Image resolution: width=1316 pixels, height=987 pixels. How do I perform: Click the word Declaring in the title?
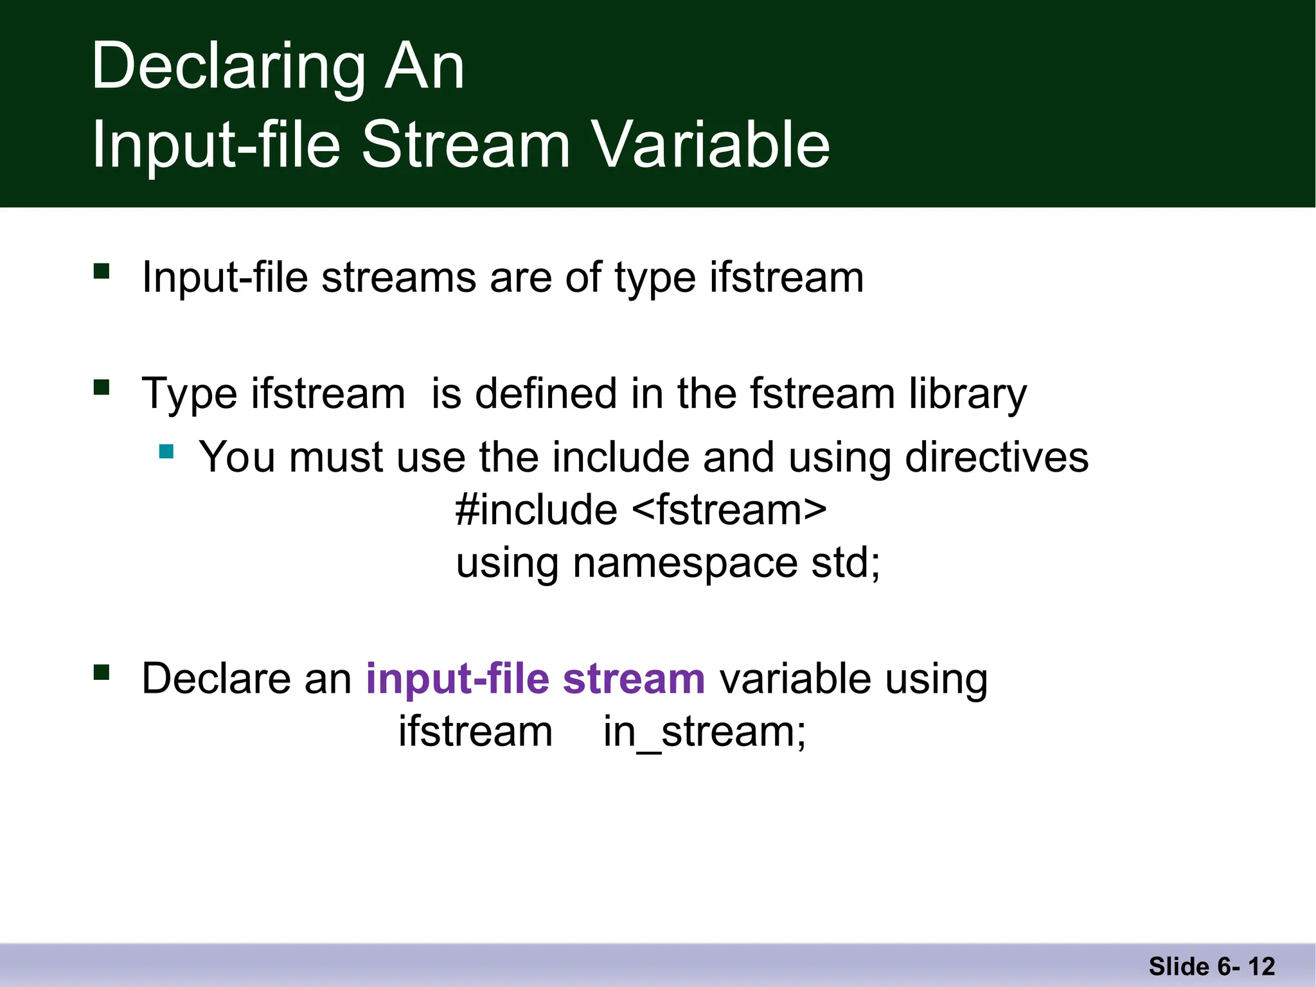point(229,67)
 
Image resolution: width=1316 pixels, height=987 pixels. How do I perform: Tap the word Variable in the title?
point(711,145)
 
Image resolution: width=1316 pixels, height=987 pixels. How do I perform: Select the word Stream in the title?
point(466,145)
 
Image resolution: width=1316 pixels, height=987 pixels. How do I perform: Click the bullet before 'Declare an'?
point(102,672)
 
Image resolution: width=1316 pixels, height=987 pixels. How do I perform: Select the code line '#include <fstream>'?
point(641,510)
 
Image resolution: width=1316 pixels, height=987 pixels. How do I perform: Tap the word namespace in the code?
point(685,562)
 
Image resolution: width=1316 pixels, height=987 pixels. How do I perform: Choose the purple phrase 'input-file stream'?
point(535,679)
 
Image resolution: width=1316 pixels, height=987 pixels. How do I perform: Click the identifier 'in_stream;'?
point(704,731)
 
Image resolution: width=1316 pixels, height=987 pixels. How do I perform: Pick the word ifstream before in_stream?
point(476,731)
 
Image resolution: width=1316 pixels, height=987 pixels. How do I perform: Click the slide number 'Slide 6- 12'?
point(1211,966)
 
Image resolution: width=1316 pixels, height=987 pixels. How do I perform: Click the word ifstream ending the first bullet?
point(787,278)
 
